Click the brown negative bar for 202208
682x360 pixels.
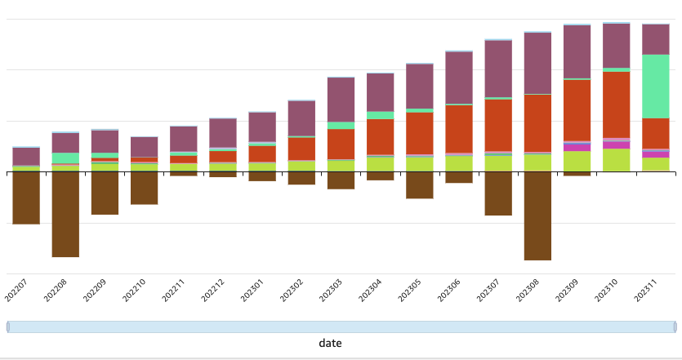coord(65,214)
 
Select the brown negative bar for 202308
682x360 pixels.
coord(537,216)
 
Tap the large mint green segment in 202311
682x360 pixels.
coord(656,87)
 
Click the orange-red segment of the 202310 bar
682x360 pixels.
coord(617,104)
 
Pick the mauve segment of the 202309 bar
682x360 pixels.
coord(577,51)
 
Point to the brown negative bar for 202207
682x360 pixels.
coord(26,198)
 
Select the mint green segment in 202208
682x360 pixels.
coord(65,158)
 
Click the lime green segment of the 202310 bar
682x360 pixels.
coord(617,160)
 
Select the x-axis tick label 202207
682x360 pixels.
coord(16,290)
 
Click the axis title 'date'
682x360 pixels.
coord(330,344)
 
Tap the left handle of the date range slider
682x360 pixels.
coord(8,327)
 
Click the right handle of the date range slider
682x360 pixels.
coord(675,327)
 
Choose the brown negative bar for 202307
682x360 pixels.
coord(498,193)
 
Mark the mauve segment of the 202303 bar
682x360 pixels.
coord(341,100)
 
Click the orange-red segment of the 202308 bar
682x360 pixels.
coord(537,123)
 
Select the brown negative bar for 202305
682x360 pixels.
coord(420,185)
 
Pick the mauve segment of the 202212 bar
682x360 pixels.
coord(223,133)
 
